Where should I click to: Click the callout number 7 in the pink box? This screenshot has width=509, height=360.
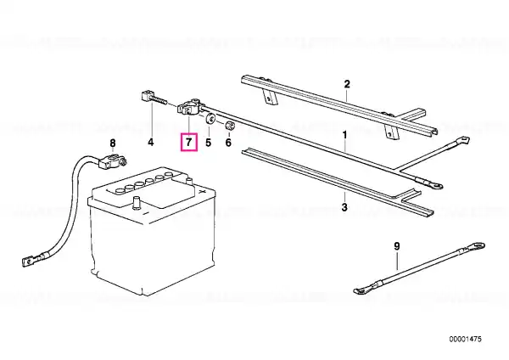(x=188, y=142)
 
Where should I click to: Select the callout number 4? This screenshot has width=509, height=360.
(x=151, y=142)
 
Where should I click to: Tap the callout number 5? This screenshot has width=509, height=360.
(x=208, y=142)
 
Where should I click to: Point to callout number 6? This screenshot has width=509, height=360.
(x=228, y=142)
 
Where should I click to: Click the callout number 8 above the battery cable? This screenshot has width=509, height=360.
(x=112, y=143)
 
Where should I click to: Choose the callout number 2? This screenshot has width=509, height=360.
(x=347, y=84)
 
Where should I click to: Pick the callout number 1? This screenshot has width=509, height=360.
(x=344, y=134)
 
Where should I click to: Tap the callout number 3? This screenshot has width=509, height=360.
(x=344, y=206)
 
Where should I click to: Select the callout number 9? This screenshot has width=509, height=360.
(x=397, y=246)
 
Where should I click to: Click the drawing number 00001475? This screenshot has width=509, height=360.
(x=465, y=340)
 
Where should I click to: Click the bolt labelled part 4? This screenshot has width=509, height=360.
(x=154, y=98)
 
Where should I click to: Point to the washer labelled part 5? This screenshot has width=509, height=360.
(x=210, y=119)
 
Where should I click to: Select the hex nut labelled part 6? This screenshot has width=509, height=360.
(x=230, y=125)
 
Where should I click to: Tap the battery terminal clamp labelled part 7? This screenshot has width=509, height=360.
(x=190, y=107)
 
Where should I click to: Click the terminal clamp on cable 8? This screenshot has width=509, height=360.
(x=112, y=160)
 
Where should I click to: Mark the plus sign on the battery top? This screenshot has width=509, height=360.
(x=202, y=192)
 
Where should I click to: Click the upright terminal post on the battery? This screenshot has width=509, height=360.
(x=137, y=203)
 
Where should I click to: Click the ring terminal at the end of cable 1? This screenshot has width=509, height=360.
(x=436, y=186)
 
